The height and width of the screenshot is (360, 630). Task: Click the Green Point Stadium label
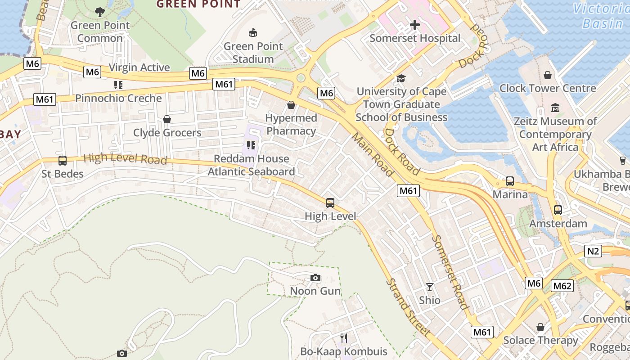click(x=253, y=53)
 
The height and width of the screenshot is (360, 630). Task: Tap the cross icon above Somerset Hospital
click(x=414, y=25)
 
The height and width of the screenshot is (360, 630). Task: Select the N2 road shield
click(x=593, y=251)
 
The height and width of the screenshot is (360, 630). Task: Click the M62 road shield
click(x=562, y=286)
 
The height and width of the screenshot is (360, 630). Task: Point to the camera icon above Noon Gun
click(x=315, y=278)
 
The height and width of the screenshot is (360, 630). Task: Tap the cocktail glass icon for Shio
click(x=430, y=287)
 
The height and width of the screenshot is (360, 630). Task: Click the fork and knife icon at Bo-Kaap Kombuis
click(x=344, y=338)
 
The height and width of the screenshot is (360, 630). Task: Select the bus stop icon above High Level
click(x=330, y=203)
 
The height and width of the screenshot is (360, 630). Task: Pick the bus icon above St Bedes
click(x=63, y=161)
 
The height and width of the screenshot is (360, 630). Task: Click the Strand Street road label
click(x=408, y=307)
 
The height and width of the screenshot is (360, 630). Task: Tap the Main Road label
click(x=372, y=153)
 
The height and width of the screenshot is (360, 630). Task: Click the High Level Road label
click(x=125, y=158)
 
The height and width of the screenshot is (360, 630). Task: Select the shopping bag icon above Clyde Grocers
click(x=167, y=119)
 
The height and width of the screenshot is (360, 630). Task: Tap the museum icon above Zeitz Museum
click(x=555, y=108)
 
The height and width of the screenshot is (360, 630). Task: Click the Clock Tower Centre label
click(x=547, y=88)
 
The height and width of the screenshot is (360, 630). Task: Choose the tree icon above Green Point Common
click(x=100, y=12)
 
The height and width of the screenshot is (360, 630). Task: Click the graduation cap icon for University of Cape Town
click(x=401, y=79)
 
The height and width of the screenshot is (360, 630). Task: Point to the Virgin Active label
click(x=139, y=67)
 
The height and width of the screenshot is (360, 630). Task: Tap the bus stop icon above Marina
click(x=510, y=181)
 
